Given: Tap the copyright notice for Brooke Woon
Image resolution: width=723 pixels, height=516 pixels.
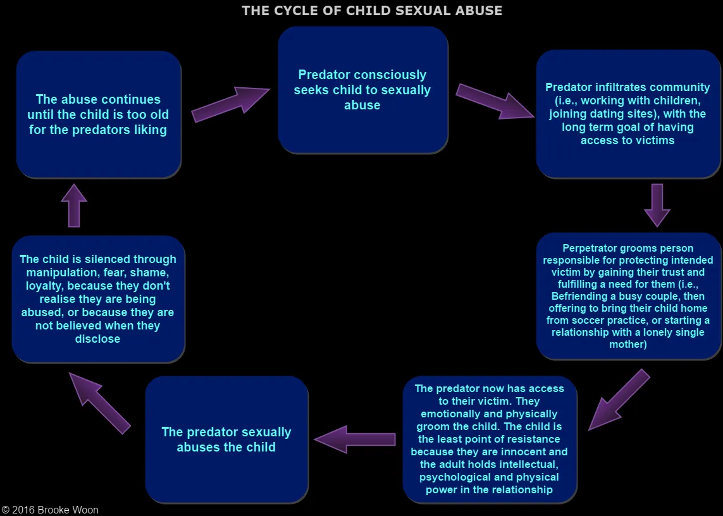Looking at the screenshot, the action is tap(50, 510).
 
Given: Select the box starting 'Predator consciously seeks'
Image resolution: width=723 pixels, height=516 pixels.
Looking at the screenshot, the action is tap(363, 90).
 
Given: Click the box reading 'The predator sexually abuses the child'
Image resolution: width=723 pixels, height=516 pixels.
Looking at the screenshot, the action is tap(227, 439).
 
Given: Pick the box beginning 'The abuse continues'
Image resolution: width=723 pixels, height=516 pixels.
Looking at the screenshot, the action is tap(99, 114).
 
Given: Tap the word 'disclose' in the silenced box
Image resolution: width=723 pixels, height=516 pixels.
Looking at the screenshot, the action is tap(98, 339).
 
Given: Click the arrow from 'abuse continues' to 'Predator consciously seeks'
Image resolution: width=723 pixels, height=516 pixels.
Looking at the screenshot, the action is tap(230, 105).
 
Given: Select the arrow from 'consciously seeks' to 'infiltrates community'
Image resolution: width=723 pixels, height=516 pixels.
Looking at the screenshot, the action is tap(495, 101).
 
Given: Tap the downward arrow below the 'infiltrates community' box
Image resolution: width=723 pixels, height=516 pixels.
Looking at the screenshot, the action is tap(657, 206).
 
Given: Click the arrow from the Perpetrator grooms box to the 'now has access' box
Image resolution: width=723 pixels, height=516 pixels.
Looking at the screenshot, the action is tap(619, 400).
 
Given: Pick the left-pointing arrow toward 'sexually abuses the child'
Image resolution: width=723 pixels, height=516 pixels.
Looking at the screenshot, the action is tap(355, 439).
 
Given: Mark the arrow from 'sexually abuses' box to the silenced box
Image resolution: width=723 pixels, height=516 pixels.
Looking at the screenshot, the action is tap(99, 403).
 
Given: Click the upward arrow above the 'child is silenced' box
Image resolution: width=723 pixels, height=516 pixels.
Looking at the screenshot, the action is tap(74, 206).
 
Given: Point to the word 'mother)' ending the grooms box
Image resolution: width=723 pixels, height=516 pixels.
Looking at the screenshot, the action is tap(628, 345).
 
